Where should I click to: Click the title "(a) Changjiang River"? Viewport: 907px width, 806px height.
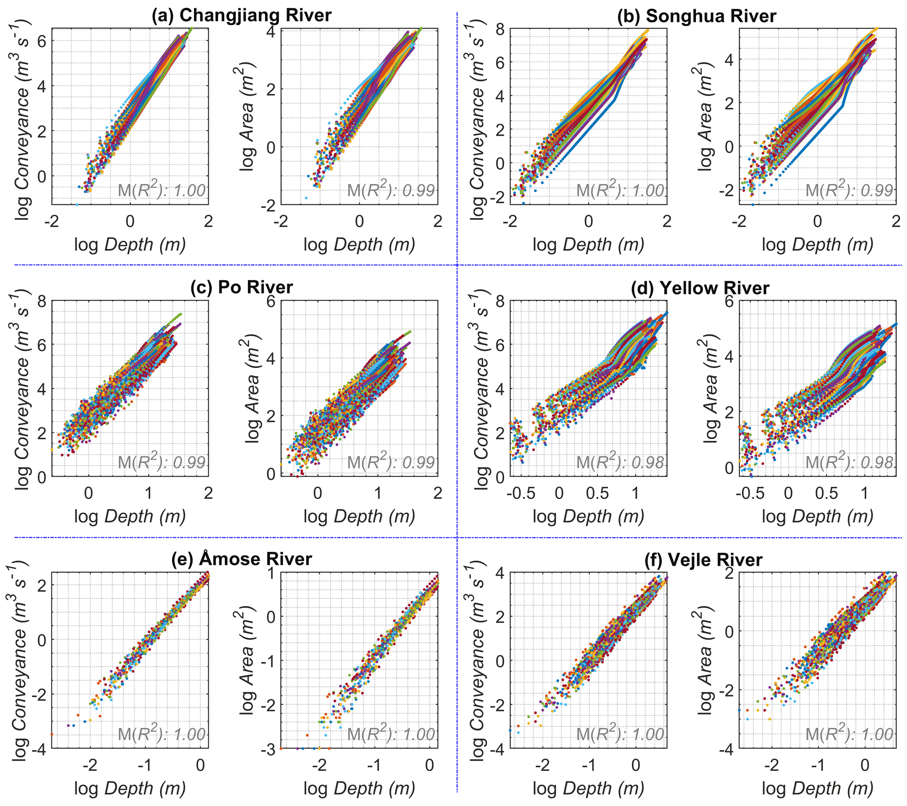241,15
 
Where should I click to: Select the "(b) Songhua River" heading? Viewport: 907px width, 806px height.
696,16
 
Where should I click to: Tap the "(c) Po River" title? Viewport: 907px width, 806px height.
241,287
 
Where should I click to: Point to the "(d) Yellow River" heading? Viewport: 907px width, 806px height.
700,288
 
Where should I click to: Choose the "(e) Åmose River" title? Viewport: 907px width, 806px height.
241,559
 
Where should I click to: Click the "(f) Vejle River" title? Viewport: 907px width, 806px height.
703,560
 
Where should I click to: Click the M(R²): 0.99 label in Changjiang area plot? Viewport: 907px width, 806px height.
391,191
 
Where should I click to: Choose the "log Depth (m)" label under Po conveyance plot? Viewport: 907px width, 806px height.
129,517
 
